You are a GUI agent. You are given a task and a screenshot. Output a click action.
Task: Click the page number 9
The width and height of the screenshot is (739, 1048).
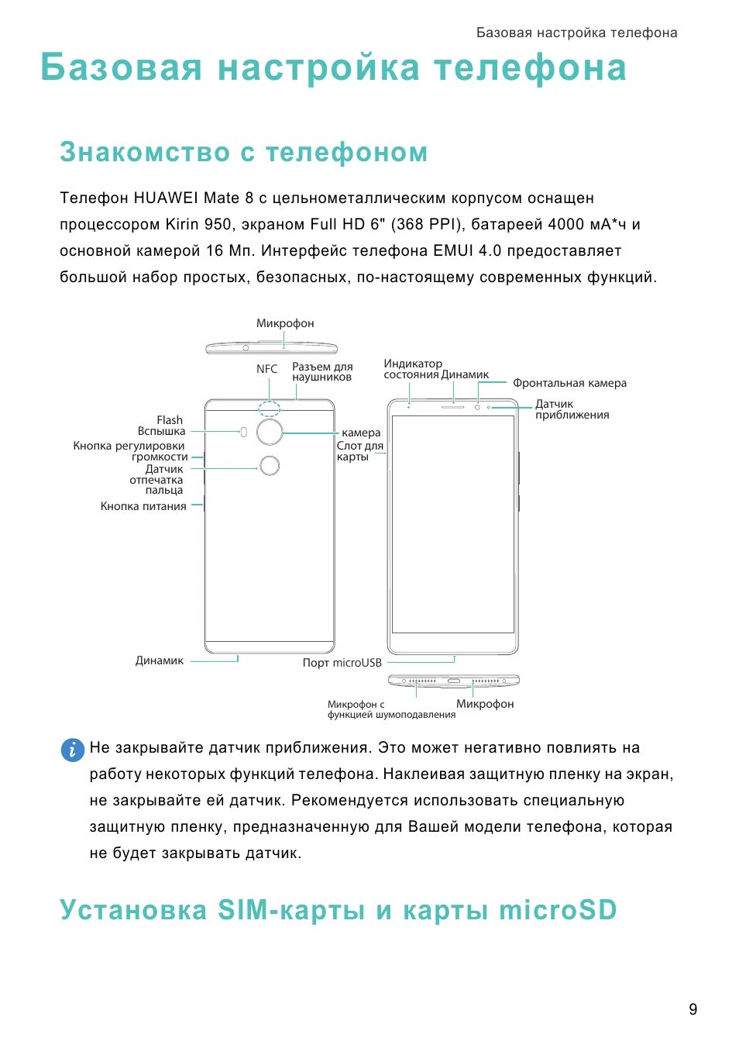(x=693, y=1009)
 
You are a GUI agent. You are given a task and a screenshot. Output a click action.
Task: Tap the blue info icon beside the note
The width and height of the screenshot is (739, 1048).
(x=72, y=750)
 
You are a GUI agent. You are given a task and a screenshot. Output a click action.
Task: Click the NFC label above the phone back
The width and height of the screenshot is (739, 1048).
(x=266, y=369)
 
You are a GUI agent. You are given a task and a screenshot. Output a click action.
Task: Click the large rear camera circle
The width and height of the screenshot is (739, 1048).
(x=270, y=432)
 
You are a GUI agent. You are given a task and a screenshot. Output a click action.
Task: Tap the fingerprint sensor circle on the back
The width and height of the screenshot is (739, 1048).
(x=270, y=466)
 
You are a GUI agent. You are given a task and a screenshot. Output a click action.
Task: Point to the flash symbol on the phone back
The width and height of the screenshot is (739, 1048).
(x=244, y=432)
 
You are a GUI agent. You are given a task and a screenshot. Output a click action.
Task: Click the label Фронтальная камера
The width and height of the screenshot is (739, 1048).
(x=569, y=383)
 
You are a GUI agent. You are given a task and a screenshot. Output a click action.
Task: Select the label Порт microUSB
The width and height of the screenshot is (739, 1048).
(x=342, y=663)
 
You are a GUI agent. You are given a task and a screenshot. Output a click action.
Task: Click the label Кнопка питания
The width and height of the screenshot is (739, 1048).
(x=143, y=506)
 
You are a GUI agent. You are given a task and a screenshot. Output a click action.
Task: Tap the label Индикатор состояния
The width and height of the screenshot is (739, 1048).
(x=412, y=369)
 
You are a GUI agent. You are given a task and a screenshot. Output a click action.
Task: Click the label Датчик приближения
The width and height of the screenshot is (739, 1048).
(x=572, y=409)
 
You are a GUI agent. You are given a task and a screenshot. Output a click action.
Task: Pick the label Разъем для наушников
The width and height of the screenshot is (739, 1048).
(x=322, y=371)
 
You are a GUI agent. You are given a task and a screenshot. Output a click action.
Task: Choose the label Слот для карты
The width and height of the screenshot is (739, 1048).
(x=359, y=451)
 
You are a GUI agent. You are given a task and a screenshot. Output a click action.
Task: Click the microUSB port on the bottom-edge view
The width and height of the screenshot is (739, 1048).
(x=454, y=681)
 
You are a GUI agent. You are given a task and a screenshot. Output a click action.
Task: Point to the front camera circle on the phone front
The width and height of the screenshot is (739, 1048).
(x=477, y=406)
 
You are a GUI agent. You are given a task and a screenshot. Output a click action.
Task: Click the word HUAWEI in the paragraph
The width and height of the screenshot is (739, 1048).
(x=166, y=198)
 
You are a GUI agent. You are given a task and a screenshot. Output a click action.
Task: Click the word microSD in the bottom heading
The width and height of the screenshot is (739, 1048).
(x=558, y=909)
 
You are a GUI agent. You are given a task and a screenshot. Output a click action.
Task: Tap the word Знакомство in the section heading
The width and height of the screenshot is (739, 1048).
(x=145, y=152)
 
